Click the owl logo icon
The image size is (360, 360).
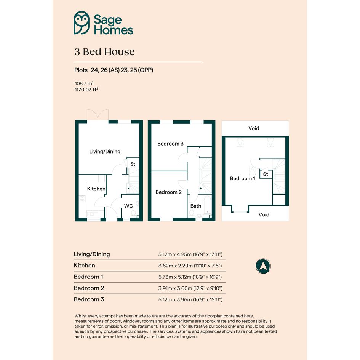tap(82, 23)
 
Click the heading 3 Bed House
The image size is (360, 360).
tap(104, 52)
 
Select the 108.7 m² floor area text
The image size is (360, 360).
tap(84, 83)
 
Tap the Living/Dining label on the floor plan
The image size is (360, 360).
tap(105, 152)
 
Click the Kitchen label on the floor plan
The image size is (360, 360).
tap(96, 189)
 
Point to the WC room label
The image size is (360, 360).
tap(129, 206)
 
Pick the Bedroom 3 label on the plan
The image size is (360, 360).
tap(170, 144)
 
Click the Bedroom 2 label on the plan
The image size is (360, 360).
tap(168, 192)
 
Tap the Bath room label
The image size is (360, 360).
tap(195, 206)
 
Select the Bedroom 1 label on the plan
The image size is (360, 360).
tap(242, 178)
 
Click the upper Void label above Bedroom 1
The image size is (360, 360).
tap(254, 128)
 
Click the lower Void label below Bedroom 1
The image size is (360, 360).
tap(264, 215)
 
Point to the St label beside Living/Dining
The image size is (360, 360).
tap(133, 164)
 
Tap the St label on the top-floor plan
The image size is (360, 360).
tap(266, 174)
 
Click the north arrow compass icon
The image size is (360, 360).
tap(263, 266)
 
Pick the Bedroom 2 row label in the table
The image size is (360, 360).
tap(89, 288)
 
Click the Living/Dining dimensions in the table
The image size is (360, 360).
tap(190, 254)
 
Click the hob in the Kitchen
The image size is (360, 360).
tap(82, 198)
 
